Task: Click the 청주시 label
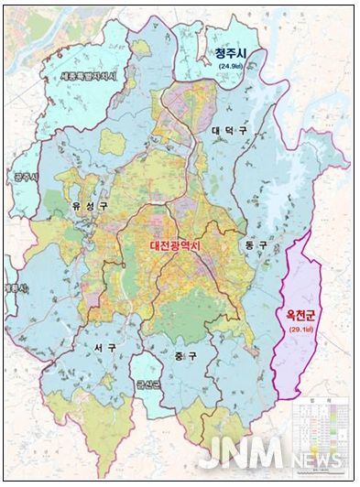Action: (232, 54)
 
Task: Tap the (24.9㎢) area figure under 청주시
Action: (232, 67)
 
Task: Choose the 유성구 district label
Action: (89, 206)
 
